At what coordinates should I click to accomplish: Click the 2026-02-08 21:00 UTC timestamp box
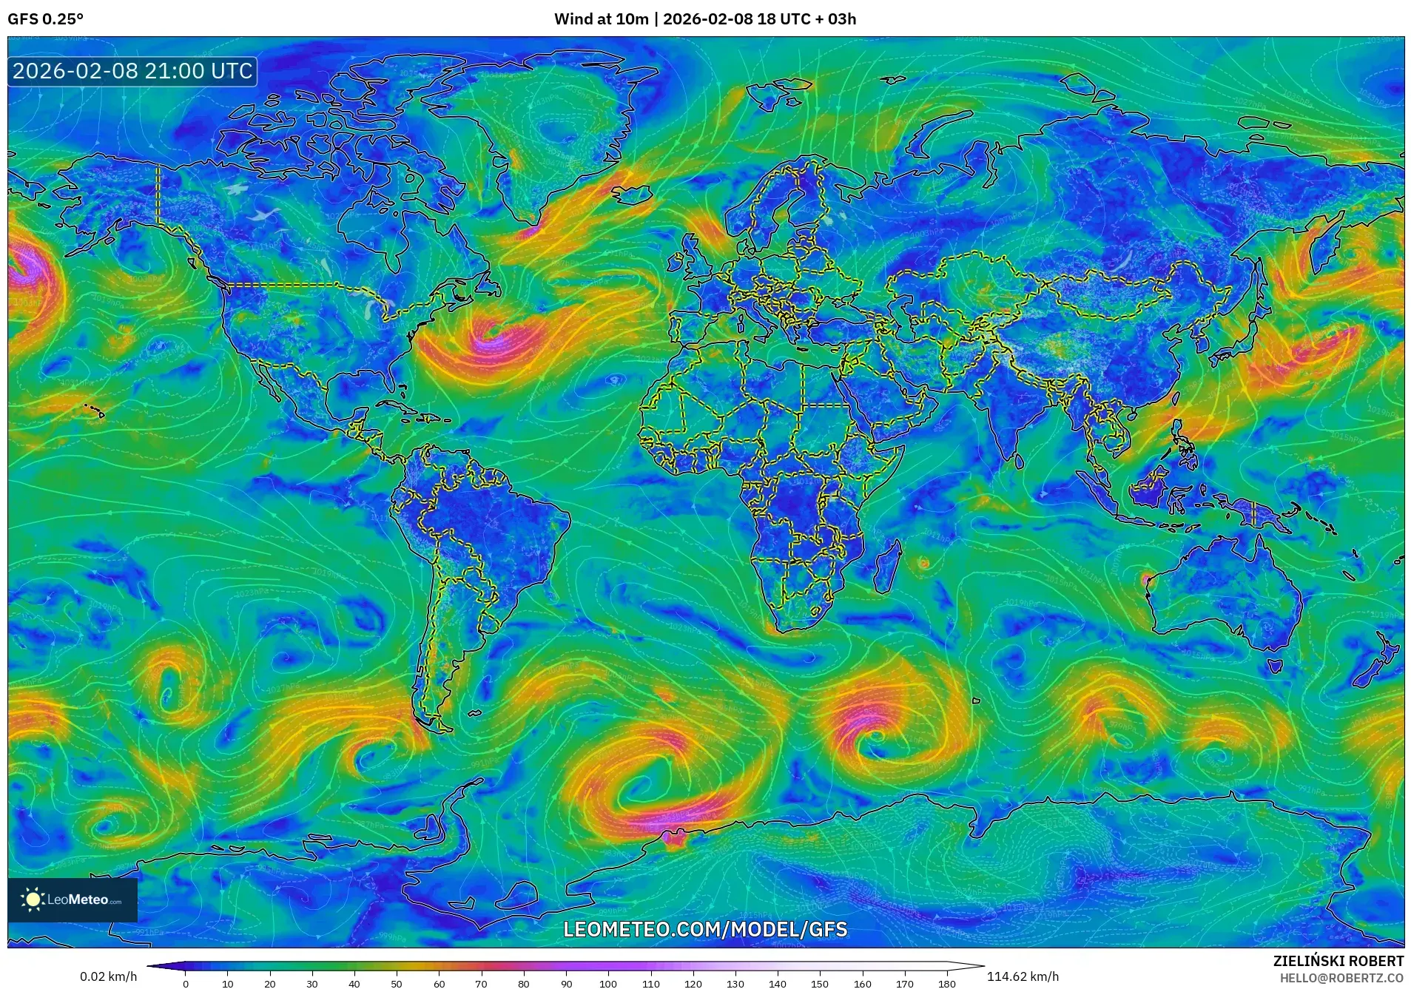pos(132,71)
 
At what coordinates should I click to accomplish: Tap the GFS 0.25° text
pos(45,18)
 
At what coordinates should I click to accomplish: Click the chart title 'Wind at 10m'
pos(601,18)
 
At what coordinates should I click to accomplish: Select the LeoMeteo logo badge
pos(73,899)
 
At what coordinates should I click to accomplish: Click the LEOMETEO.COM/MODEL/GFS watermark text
pos(705,930)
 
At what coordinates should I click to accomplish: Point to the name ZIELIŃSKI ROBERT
pos(1338,961)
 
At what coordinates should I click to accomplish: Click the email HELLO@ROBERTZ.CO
pos(1341,978)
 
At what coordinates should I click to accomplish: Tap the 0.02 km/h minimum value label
pos(108,976)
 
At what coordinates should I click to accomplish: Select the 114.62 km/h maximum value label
pos(1023,976)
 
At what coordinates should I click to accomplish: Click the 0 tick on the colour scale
pos(186,984)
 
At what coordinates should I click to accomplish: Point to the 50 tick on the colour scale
pos(397,984)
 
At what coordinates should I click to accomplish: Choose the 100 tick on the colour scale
pos(608,984)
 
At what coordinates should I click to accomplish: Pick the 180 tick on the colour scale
pos(946,984)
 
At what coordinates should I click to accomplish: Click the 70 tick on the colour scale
pos(481,984)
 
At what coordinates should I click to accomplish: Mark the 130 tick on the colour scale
pos(735,984)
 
